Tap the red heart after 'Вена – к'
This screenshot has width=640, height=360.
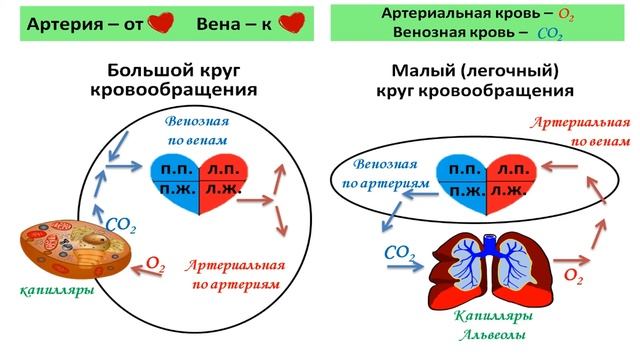pyautogui.click(x=291, y=23)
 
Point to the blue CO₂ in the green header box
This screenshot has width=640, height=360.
pyautogui.click(x=549, y=34)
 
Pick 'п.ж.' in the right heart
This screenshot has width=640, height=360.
pyautogui.click(x=461, y=189)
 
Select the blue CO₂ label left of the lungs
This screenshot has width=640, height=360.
pyautogui.click(x=400, y=254)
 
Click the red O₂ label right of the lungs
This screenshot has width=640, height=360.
pyautogui.click(x=574, y=273)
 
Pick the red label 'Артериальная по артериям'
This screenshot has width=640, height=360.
pyautogui.click(x=237, y=275)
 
